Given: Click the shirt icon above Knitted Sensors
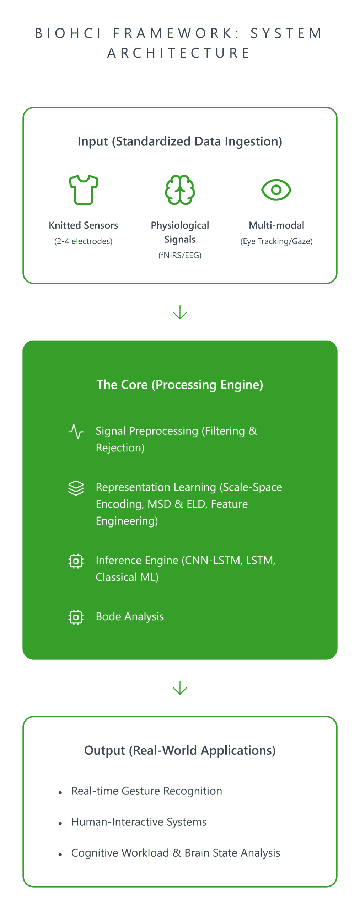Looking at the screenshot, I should point(83,189).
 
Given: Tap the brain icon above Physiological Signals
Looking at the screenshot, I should point(180,189).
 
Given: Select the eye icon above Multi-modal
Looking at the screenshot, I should point(276,189).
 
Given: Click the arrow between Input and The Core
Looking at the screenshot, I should point(180,312).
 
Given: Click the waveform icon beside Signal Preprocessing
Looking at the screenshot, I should point(76,432).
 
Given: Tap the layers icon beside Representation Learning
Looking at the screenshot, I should point(76,488).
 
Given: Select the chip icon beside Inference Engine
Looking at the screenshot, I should point(76,561).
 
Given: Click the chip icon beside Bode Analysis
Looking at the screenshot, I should point(76,617).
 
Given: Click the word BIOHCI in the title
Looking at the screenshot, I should point(68,33).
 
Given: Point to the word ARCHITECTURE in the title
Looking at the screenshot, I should point(179,53).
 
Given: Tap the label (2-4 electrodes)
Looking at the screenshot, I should point(83,241).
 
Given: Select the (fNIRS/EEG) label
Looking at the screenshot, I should point(180,255).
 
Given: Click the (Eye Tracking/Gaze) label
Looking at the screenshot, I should point(276,241).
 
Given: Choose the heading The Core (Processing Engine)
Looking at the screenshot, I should point(180,385).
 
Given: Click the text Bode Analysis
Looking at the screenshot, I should point(130,616).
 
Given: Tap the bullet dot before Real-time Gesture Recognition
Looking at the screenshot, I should point(60,792).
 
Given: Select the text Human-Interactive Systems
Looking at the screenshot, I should point(139,822).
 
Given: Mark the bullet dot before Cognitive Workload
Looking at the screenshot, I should point(60,854).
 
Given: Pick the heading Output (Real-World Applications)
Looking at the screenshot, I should point(180,750).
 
